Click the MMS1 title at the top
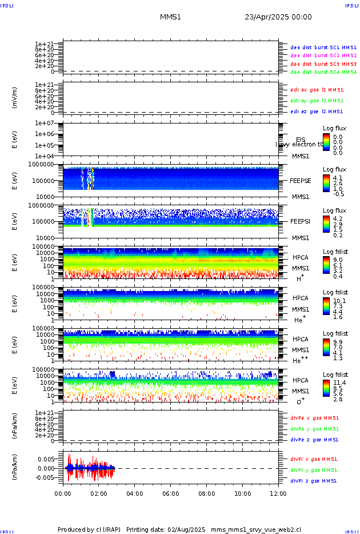click(x=170, y=17)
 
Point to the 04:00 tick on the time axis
click(x=135, y=493)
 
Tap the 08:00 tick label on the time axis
click(x=207, y=493)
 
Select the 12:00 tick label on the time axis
click(x=278, y=493)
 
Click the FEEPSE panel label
click(x=300, y=181)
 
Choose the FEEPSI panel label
click(x=300, y=221)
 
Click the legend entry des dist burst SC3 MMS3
click(x=323, y=64)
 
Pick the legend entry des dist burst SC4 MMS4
click(x=323, y=72)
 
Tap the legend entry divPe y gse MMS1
click(x=315, y=429)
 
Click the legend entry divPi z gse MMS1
click(x=314, y=481)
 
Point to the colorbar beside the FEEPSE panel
click(x=326, y=183)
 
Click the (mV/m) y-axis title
click(x=15, y=97)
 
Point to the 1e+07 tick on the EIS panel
click(x=44, y=123)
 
